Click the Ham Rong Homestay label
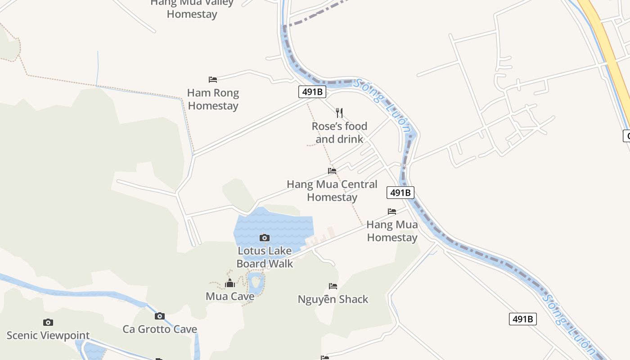213,99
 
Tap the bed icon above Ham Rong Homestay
213,80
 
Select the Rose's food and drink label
339,133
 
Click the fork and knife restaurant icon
339,112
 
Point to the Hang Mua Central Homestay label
332,191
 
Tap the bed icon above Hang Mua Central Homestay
332,171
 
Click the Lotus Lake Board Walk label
265,257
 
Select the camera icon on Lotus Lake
265,238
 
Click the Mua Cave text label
230,297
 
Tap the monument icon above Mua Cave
230,283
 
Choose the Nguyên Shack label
333,299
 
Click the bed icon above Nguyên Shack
333,286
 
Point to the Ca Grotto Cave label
160,329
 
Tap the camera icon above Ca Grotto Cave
160,316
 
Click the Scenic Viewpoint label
48,335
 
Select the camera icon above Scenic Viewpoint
48,322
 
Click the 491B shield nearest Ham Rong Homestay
312,92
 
